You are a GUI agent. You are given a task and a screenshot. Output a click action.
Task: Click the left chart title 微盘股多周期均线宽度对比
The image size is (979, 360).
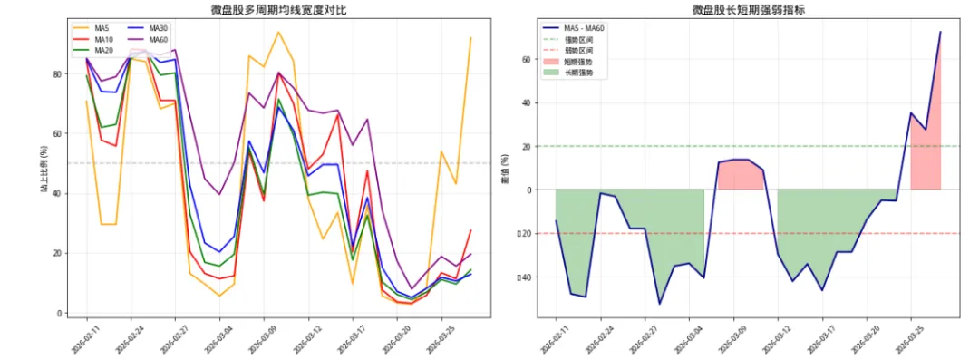click(x=271, y=10)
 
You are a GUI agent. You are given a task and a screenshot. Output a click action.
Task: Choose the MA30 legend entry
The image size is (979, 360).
click(x=158, y=29)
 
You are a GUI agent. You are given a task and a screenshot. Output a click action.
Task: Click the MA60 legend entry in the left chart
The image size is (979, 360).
click(x=158, y=40)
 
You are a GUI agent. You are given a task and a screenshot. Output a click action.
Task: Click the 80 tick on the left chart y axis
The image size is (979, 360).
click(x=58, y=74)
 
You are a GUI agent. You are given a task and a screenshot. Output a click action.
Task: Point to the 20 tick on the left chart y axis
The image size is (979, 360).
click(x=58, y=254)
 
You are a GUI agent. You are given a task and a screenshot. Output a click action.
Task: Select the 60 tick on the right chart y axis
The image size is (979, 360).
click(x=524, y=59)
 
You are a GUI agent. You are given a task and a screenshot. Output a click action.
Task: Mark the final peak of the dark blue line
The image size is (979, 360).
click(x=940, y=32)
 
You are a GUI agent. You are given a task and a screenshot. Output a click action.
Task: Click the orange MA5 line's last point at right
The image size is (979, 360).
click(x=470, y=38)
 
